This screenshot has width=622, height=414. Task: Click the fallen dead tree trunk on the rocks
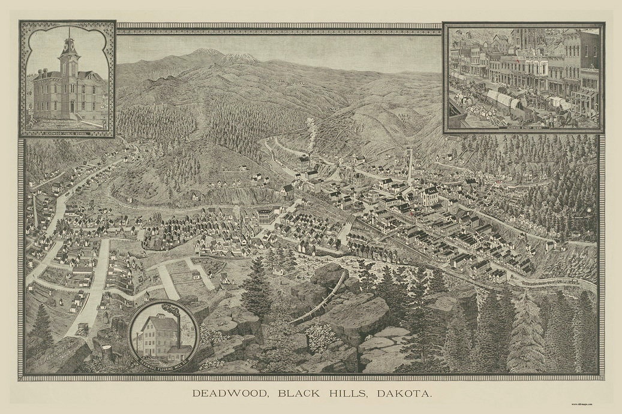point(321,299)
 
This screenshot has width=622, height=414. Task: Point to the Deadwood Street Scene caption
point(522,127)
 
